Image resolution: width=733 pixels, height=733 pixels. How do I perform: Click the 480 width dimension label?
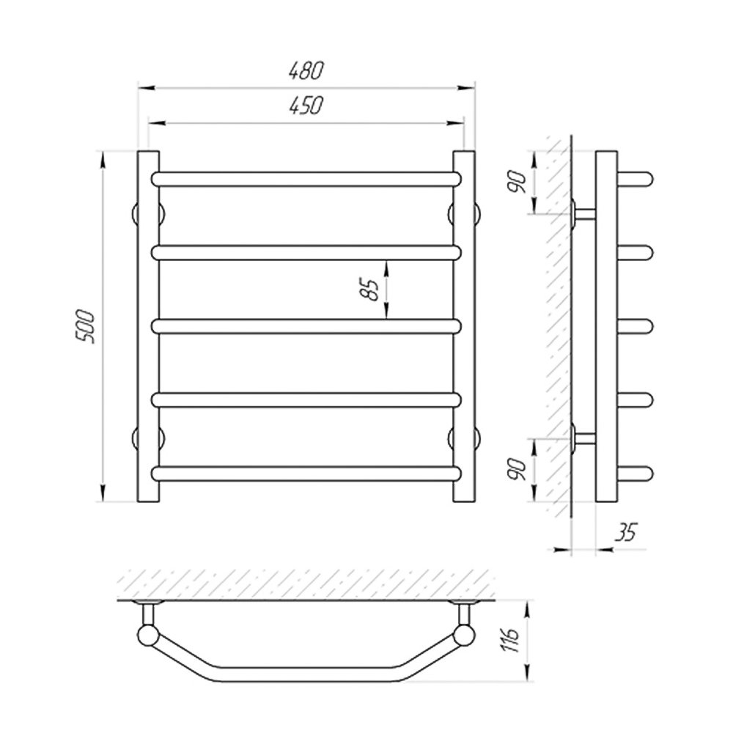point(306,70)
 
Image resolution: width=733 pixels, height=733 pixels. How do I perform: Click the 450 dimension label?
point(306,106)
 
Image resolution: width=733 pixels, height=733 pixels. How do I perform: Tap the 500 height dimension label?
point(86,326)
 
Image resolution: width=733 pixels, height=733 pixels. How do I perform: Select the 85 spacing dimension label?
point(369,290)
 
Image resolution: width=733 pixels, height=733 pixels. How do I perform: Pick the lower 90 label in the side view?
point(518,469)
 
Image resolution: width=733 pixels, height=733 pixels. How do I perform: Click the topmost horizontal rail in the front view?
point(306,179)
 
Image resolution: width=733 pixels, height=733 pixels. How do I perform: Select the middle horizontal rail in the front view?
point(306,326)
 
